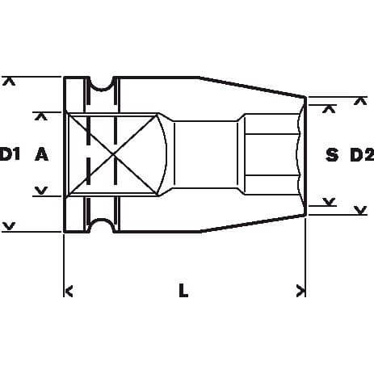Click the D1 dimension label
[10, 154]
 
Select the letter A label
[41, 154]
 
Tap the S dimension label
[332, 155]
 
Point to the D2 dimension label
[362, 155]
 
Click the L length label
[183, 290]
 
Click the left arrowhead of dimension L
[69, 292]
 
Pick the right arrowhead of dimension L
[300, 291]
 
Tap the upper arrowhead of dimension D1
[10, 82]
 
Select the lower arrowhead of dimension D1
[9, 226]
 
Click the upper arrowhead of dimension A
[41, 116]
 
